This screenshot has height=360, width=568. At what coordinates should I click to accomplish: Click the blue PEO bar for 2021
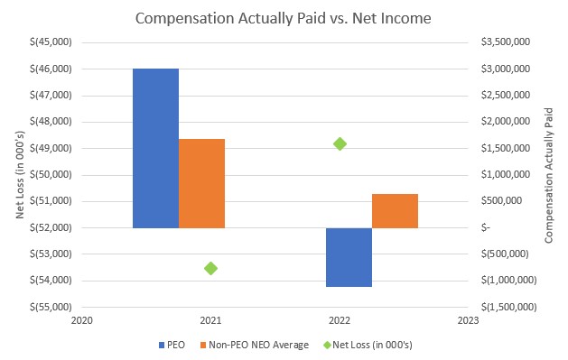155,148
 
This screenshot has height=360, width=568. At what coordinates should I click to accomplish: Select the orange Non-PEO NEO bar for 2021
201,183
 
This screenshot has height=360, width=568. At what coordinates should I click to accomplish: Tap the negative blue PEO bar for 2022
349,257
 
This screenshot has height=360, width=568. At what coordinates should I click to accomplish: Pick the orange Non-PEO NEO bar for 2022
395,211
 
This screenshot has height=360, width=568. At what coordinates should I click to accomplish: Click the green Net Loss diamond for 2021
210,269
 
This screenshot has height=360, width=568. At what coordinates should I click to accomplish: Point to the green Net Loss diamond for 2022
340,144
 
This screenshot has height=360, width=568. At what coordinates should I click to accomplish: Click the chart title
284,18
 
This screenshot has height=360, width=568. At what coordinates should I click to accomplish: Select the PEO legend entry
172,345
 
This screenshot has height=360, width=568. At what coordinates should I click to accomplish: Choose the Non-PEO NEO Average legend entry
255,345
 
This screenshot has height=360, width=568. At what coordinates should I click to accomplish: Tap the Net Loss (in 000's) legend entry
368,345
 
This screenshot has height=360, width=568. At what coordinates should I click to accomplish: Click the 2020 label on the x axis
82,320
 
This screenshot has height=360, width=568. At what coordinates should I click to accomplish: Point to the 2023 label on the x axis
468,320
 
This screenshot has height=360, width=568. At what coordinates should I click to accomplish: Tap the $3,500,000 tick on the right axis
506,42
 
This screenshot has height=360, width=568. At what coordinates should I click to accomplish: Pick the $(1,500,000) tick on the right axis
508,307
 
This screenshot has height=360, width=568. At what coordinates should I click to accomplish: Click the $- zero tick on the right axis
486,227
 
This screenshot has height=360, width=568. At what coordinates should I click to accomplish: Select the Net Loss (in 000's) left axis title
20,175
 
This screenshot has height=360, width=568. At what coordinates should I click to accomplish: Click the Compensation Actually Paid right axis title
549,175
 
